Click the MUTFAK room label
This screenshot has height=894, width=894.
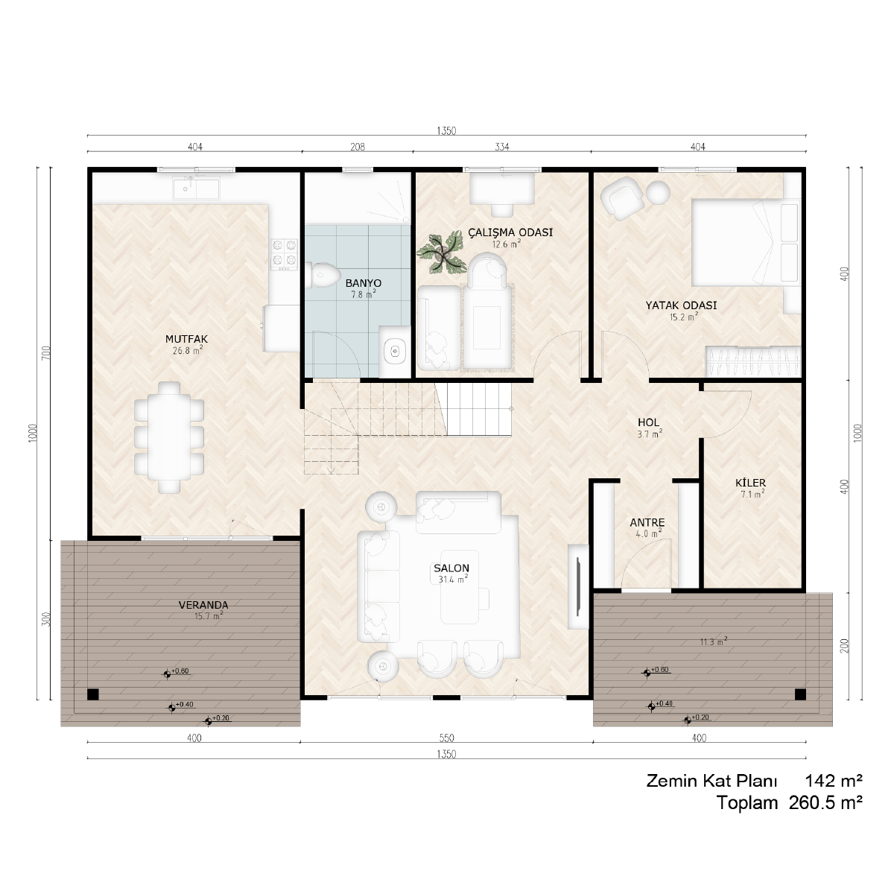coord(186,339)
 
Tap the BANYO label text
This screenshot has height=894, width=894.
coord(364,283)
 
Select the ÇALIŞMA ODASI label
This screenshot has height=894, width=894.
coord(510,232)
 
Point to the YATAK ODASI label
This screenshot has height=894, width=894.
coord(681,305)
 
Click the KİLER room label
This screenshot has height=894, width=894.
coord(750,483)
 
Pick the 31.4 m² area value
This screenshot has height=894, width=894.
coord(453,579)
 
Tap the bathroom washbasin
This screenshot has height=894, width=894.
coord(396,351)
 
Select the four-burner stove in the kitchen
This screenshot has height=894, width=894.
coord(285,254)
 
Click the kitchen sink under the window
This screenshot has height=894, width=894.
coord(196,188)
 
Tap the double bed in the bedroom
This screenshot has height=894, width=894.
coord(746,242)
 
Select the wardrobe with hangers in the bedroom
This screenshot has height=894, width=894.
coord(753,361)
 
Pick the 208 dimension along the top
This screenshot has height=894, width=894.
coord(358,147)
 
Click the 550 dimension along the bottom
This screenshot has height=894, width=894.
coord(446,738)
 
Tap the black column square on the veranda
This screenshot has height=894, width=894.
coord(93,694)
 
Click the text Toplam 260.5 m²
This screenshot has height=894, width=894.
coord(789,802)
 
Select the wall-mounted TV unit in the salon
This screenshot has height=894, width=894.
coord(578,586)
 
